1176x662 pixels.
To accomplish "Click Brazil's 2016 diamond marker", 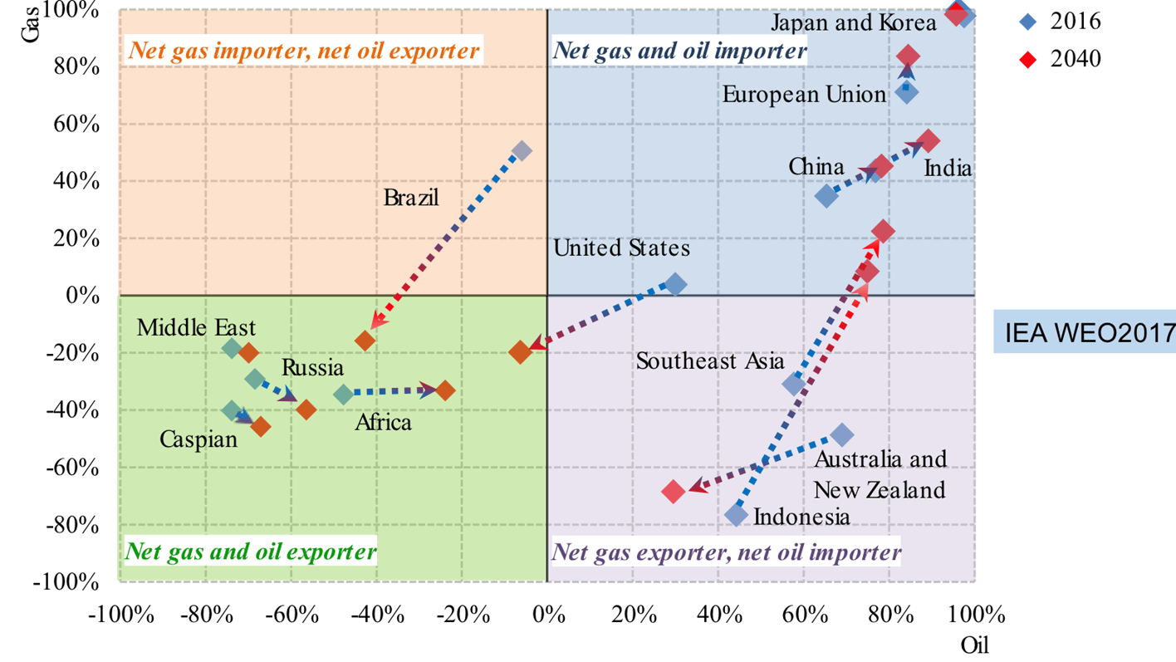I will (522, 151).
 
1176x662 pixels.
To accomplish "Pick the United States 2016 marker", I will (675, 285).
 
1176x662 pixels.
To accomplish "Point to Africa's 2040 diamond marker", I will (444, 390).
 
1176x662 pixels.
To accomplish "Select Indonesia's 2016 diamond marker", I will (736, 515).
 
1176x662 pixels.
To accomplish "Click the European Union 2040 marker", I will (908, 56).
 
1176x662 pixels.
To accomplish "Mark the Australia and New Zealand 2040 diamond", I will (674, 491).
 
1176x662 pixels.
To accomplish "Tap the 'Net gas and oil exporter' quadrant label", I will (250, 552).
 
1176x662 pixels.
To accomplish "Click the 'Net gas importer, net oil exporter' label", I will (303, 51).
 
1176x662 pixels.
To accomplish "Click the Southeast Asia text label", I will (710, 361).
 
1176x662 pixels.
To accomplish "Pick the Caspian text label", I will (198, 438).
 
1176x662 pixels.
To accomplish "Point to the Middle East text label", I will (196, 327).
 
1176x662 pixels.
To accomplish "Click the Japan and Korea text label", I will (855, 22).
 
